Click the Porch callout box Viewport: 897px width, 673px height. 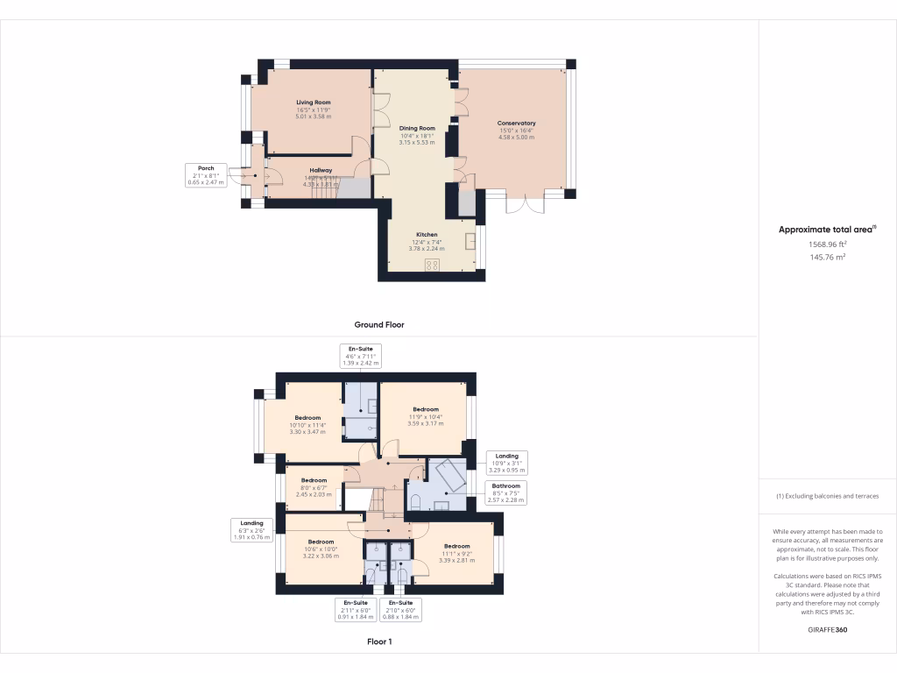point(206,174)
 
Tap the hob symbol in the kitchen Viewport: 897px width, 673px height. point(433,265)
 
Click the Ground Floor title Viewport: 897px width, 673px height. point(379,324)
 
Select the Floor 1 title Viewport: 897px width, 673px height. point(379,641)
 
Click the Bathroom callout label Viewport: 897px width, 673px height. point(505,492)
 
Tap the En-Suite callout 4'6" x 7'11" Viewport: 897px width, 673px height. point(361,356)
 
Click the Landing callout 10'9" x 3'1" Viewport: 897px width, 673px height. point(506,462)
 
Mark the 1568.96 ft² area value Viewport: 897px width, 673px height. point(827,245)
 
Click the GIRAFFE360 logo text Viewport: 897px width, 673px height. point(827,630)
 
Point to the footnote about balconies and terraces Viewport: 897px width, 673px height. point(827,496)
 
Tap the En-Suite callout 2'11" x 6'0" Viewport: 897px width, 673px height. point(355,610)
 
